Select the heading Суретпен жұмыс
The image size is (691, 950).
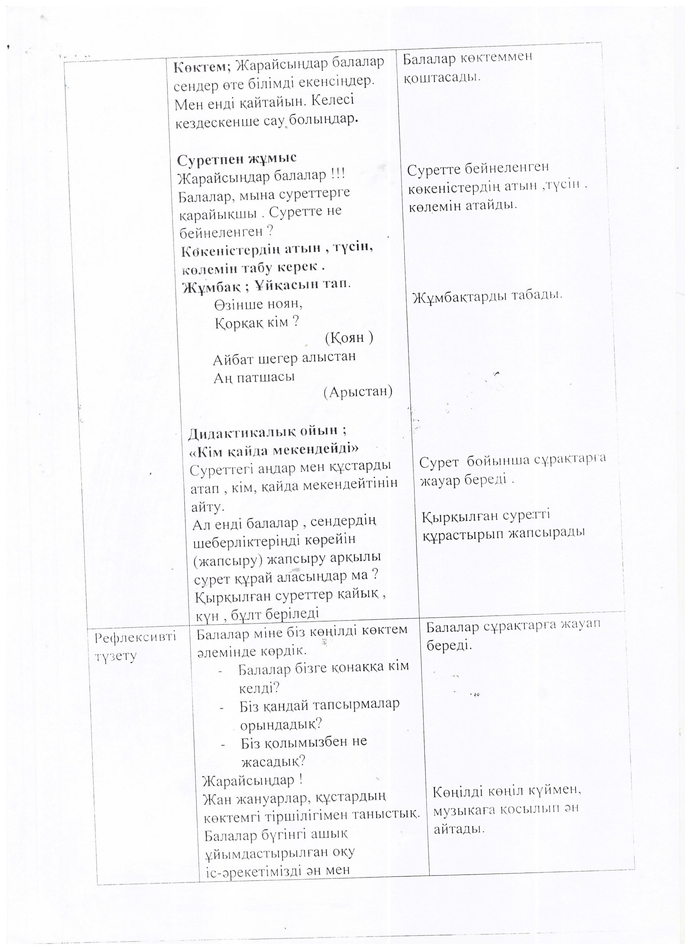[237, 159]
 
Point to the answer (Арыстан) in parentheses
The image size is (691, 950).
[358, 391]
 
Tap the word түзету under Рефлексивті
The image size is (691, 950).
[115, 656]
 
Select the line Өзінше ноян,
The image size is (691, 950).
[258, 304]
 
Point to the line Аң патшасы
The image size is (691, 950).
[254, 377]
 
